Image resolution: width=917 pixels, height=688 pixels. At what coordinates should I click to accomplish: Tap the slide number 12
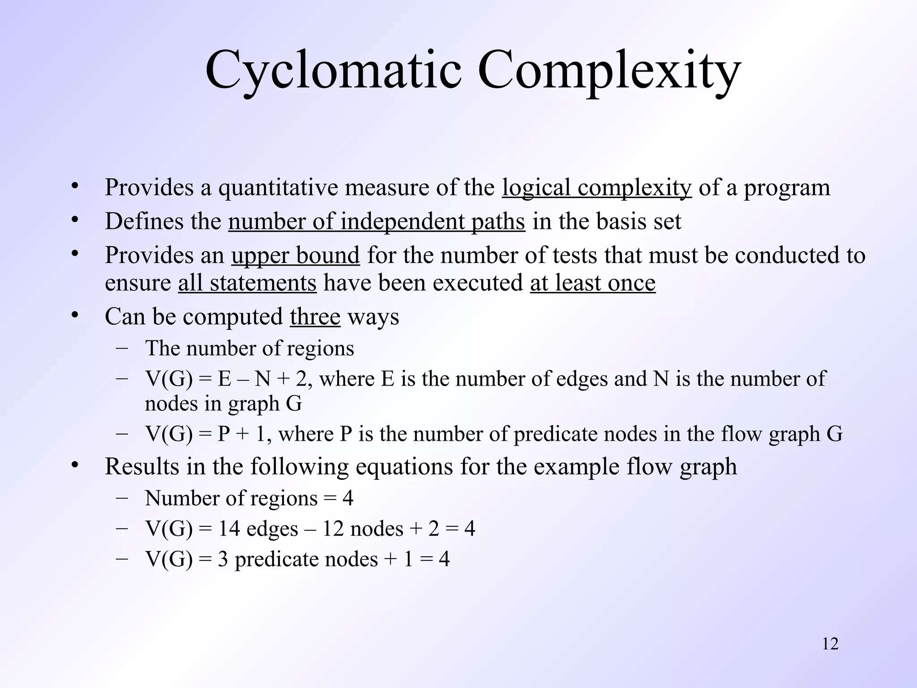click(x=830, y=644)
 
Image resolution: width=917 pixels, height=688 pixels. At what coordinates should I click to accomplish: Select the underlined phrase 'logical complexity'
click(x=596, y=187)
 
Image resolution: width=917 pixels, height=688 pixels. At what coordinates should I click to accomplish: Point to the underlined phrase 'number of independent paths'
click(x=377, y=221)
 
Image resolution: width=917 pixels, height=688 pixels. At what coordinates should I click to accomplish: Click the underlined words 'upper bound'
click(x=296, y=255)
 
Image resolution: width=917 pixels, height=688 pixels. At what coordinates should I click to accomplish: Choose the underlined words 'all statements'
click(x=247, y=283)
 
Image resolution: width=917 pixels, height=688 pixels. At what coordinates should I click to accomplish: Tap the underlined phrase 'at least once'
click(x=593, y=283)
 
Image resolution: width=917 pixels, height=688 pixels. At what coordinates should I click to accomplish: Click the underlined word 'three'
click(x=315, y=317)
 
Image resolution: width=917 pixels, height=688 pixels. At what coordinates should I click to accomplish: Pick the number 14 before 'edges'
click(x=228, y=529)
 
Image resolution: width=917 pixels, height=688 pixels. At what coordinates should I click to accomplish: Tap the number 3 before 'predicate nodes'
click(x=223, y=559)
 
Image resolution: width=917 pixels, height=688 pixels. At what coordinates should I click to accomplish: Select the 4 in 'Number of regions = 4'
click(x=347, y=499)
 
